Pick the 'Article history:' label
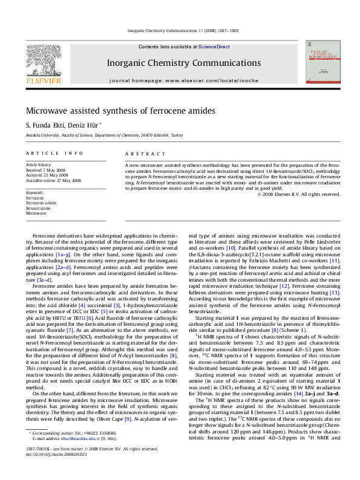click(x=38, y=164)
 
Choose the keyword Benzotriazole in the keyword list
click(x=39, y=207)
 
